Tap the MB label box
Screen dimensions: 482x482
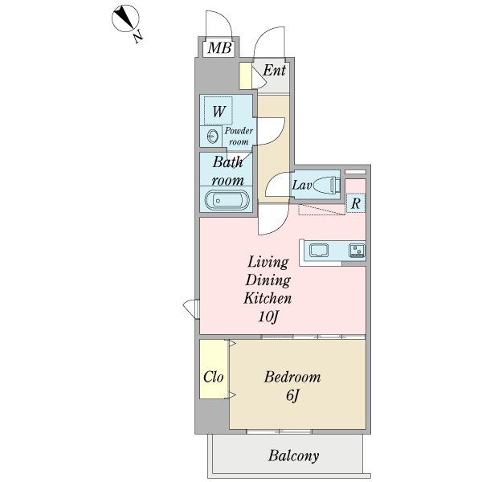click(219, 49)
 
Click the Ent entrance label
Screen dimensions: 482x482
click(275, 71)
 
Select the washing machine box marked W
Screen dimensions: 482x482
click(219, 110)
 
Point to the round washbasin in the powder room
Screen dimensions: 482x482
click(214, 136)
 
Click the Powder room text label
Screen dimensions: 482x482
click(239, 136)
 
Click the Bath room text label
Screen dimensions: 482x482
click(228, 170)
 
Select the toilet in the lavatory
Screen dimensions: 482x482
click(329, 186)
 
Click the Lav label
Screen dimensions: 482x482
click(302, 186)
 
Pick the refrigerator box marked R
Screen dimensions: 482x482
click(355, 203)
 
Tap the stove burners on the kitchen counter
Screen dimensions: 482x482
click(356, 251)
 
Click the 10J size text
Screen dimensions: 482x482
click(268, 317)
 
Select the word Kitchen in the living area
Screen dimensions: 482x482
click(268, 298)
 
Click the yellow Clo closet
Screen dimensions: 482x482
click(214, 376)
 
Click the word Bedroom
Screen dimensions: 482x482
click(292, 376)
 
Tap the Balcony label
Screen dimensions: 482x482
click(293, 456)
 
